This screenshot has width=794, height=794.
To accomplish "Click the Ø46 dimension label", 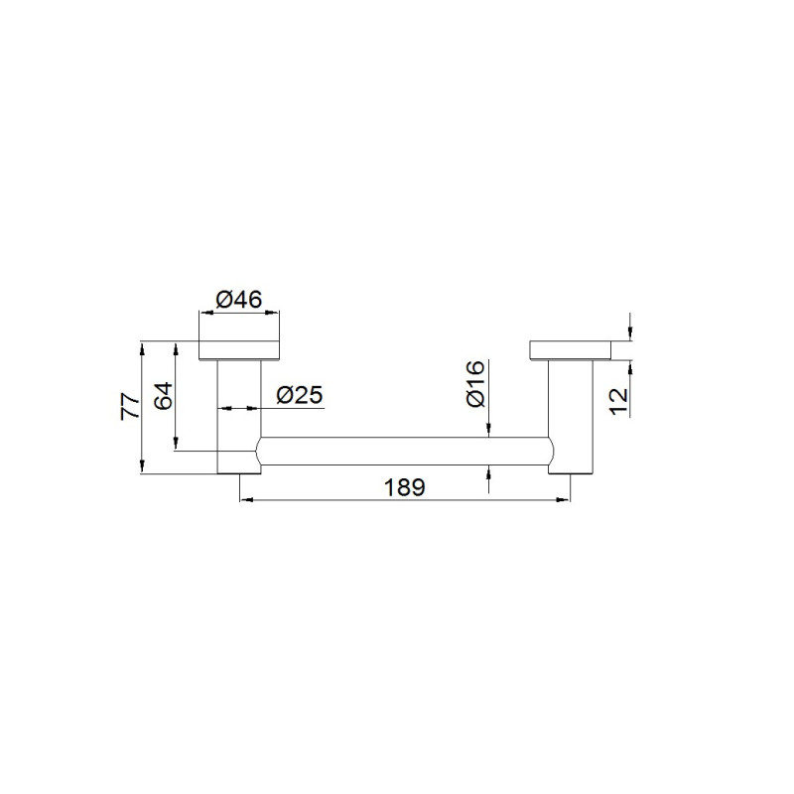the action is click(239, 300).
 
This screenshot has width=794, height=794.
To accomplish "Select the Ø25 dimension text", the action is click(300, 395).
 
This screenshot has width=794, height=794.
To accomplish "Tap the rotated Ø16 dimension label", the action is click(476, 383).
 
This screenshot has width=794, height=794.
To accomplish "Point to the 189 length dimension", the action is click(405, 487).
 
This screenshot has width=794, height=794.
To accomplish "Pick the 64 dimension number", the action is click(164, 396).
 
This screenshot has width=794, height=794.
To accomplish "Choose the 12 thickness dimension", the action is click(618, 402).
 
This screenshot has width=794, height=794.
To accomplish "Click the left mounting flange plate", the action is click(239, 350).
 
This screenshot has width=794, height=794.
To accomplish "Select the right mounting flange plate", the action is click(571, 350).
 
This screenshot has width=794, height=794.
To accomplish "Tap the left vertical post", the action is click(239, 417).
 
